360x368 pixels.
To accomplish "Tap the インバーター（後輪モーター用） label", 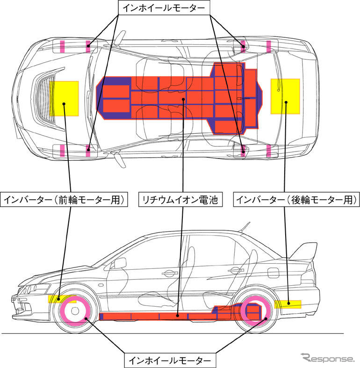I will click(x=297, y=200).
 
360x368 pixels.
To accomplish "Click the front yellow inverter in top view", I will click(x=65, y=99).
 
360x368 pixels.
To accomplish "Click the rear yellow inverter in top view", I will click(x=285, y=96).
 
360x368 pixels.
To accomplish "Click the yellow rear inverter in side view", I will click(x=288, y=303).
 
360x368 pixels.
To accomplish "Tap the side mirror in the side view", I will click(x=120, y=263).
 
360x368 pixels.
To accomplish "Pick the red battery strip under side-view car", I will click(x=154, y=317).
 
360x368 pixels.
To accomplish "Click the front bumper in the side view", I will click(x=21, y=304).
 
